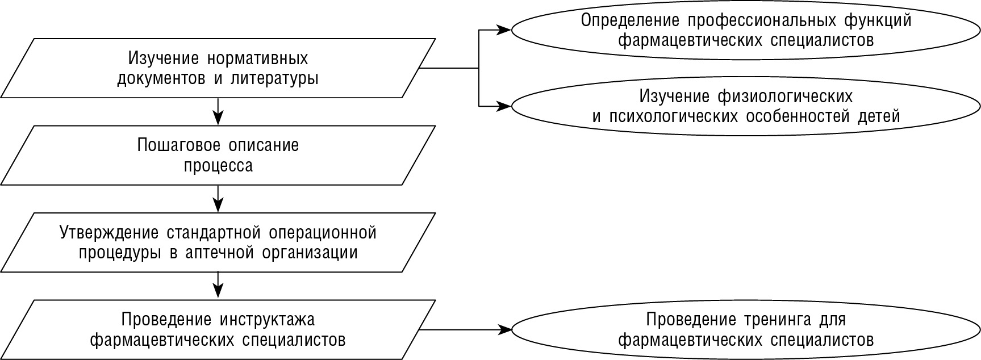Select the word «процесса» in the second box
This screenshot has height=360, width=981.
[x=218, y=166]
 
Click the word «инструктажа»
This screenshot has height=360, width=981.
[x=266, y=320]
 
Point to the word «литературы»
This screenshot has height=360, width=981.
[x=274, y=79]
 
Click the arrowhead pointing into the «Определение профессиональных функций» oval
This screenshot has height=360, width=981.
[x=504, y=30]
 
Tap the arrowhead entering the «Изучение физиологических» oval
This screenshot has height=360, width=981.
[x=504, y=106]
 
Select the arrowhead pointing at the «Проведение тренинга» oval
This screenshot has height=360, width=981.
[x=504, y=329]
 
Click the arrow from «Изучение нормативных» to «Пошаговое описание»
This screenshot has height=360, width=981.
[x=218, y=111]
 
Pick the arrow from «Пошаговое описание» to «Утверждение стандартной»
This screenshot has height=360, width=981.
[x=218, y=198]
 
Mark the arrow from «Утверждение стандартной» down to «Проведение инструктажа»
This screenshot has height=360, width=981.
[x=218, y=284]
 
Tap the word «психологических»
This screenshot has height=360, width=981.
[x=673, y=116]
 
